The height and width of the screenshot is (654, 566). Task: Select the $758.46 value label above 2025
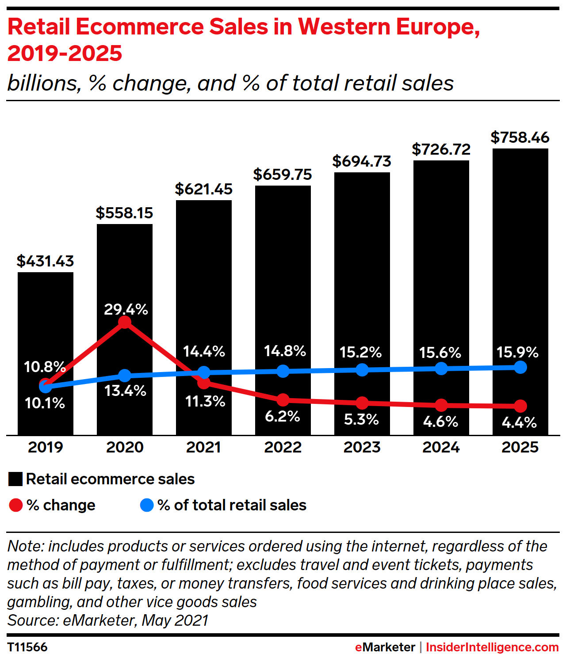click(520, 137)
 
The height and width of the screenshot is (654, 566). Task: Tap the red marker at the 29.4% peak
click(125, 322)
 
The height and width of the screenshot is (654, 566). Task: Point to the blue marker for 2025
click(520, 367)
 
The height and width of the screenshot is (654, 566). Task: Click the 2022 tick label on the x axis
click(283, 447)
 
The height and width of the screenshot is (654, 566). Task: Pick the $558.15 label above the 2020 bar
click(124, 213)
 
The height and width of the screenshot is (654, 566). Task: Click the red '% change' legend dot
click(16, 505)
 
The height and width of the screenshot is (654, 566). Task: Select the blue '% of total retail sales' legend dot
click(147, 505)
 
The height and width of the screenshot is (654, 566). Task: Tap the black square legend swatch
click(15, 479)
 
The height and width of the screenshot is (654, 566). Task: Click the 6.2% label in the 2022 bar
click(283, 416)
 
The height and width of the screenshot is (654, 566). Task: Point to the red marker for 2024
click(441, 405)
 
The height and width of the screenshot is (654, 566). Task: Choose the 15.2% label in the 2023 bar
click(361, 352)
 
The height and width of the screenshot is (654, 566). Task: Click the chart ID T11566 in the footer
click(27, 647)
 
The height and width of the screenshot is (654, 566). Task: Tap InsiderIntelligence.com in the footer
click(492, 647)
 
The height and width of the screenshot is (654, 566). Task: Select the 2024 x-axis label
click(441, 447)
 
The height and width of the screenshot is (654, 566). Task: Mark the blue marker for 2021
click(204, 372)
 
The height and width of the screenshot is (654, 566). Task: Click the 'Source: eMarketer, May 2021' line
click(108, 620)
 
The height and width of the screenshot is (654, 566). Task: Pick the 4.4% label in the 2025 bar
click(519, 422)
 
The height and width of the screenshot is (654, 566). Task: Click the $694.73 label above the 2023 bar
click(362, 161)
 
